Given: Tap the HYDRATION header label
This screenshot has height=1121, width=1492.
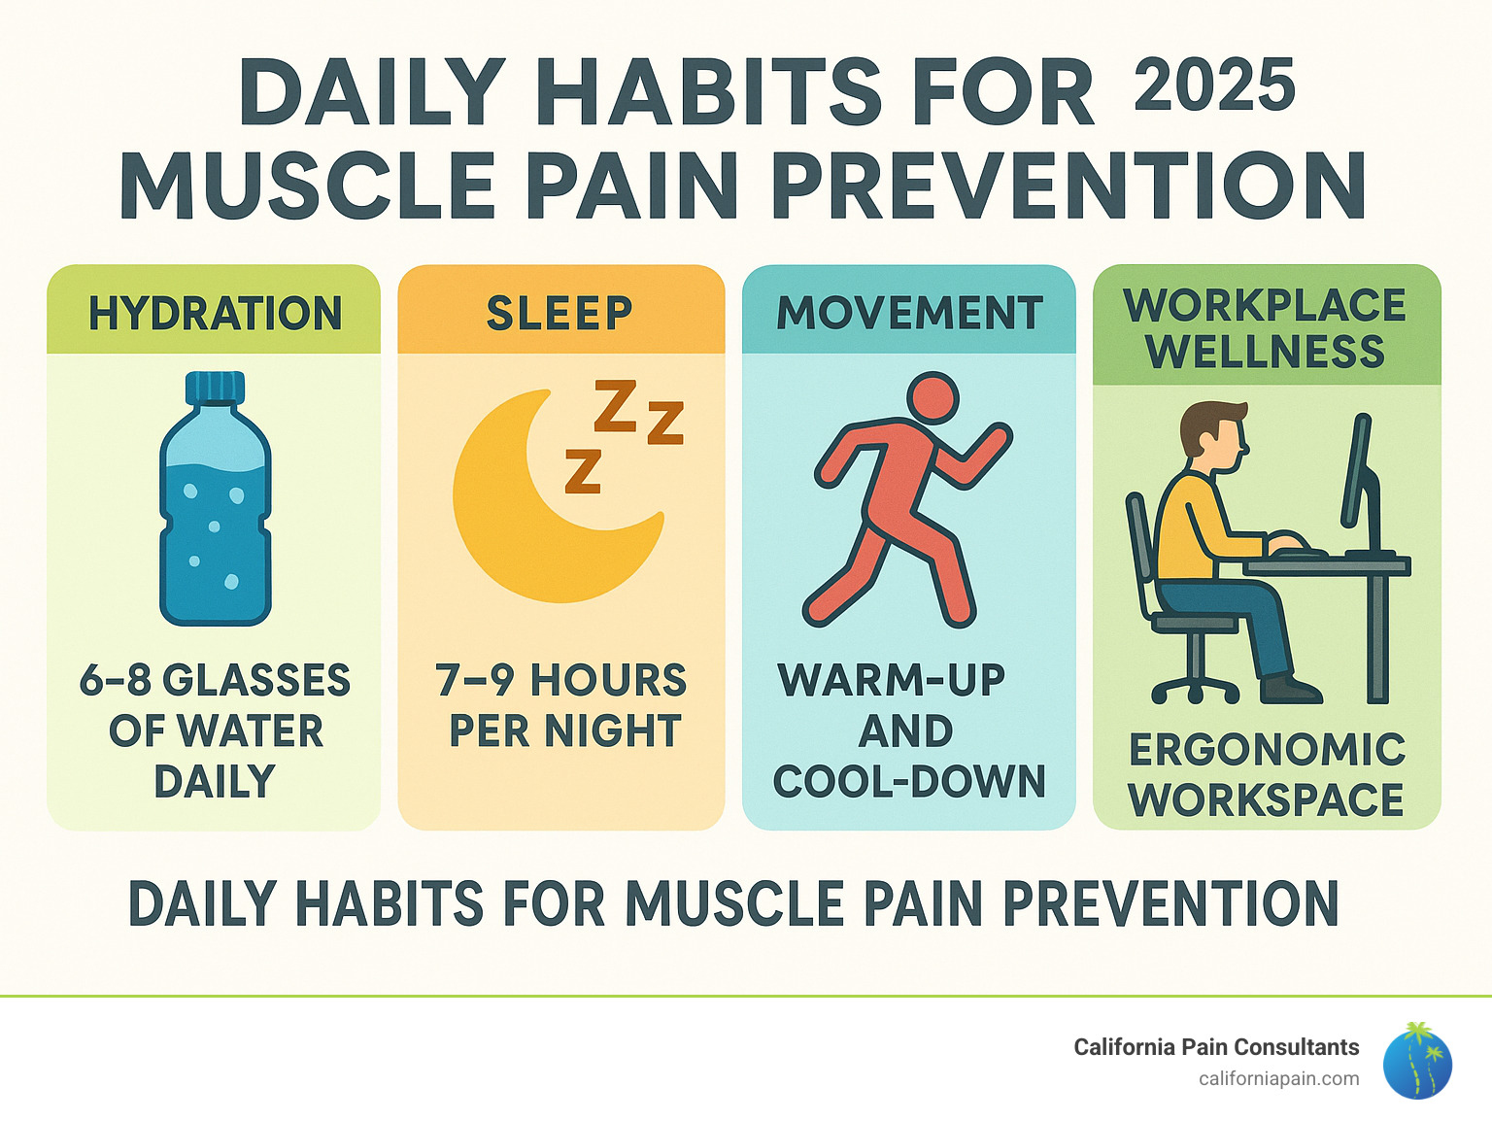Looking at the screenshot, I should pyautogui.click(x=215, y=314).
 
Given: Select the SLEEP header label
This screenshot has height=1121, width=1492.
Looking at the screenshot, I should pyautogui.click(x=559, y=314).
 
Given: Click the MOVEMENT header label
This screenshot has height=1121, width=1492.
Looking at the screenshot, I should pyautogui.click(x=909, y=314).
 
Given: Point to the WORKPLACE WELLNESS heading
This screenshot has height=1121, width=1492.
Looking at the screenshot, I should pyautogui.click(x=1265, y=328).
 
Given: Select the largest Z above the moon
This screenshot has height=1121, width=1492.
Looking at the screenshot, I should pyautogui.click(x=615, y=406).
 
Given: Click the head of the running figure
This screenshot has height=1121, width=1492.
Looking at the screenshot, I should pyautogui.click(x=932, y=398).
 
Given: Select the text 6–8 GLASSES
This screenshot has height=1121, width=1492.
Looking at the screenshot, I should pyautogui.click(x=215, y=680).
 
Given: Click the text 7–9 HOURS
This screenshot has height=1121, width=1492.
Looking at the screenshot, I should pyautogui.click(x=560, y=680).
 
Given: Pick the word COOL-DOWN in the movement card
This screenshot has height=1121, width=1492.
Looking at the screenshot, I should pyautogui.click(x=909, y=782).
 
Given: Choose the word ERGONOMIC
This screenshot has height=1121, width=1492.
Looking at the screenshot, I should pyautogui.click(x=1267, y=750).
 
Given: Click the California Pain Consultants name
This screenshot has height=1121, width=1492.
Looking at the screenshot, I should pyautogui.click(x=1216, y=1047).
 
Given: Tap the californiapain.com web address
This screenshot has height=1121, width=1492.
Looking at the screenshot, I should pyautogui.click(x=1278, y=1078).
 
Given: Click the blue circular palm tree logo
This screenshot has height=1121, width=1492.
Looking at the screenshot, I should pyautogui.click(x=1417, y=1062).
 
